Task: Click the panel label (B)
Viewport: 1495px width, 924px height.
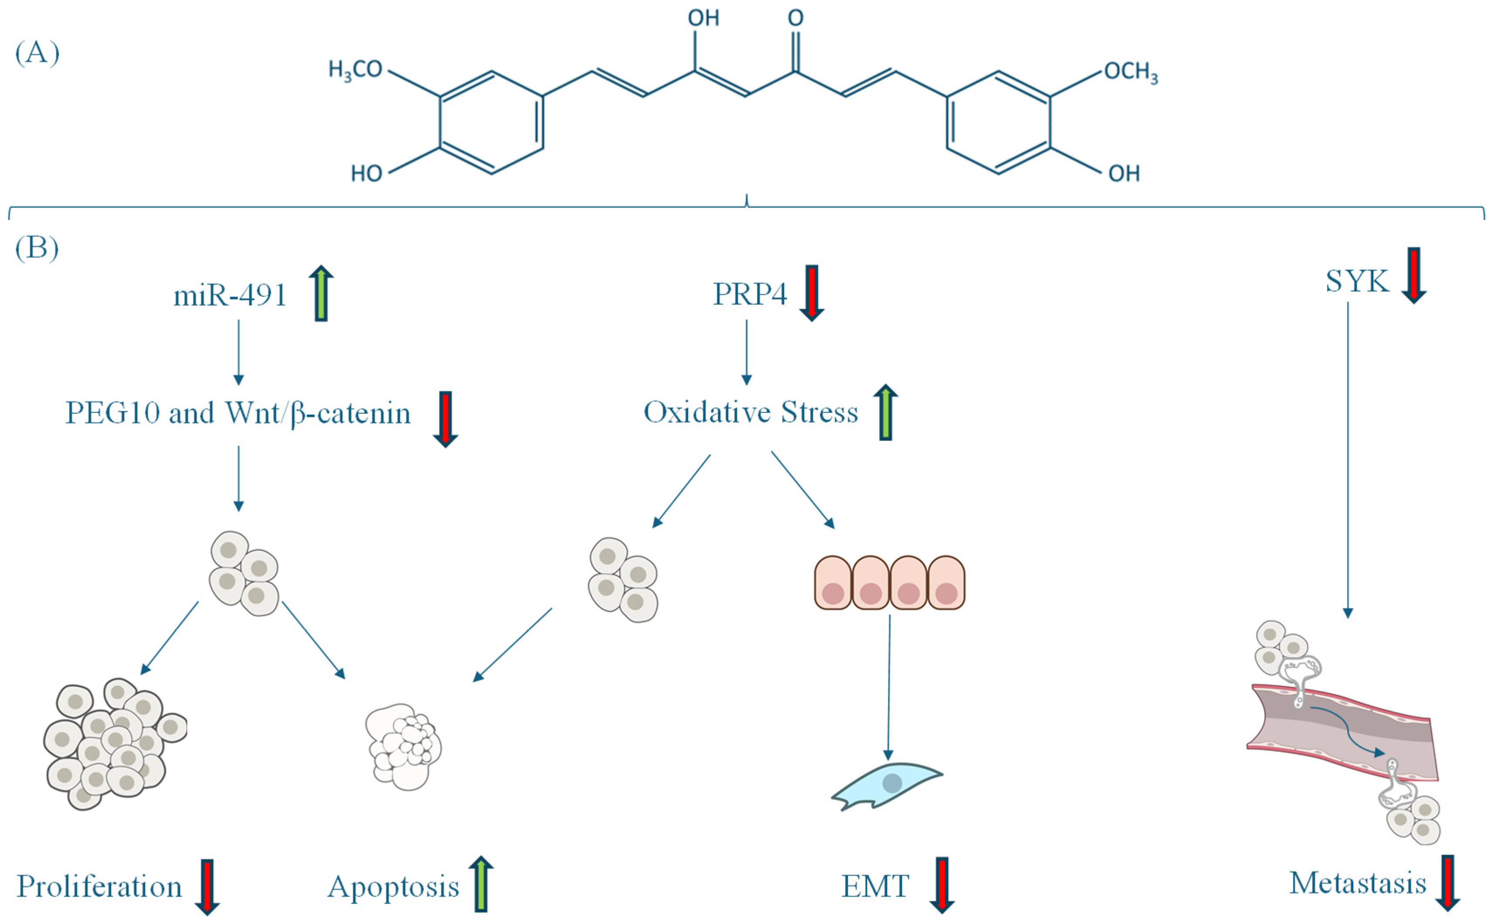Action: click(37, 247)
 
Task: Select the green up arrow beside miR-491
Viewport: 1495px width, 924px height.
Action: click(321, 293)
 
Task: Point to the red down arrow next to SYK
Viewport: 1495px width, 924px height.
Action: click(1414, 275)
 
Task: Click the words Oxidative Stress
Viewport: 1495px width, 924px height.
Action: click(750, 412)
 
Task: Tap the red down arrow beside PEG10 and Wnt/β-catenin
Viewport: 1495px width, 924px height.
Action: click(446, 419)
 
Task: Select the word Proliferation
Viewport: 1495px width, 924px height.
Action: click(99, 886)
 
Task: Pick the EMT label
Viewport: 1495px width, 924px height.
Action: click(875, 886)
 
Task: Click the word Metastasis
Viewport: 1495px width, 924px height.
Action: click(1358, 883)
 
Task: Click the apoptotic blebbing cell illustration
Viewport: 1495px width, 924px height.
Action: click(403, 747)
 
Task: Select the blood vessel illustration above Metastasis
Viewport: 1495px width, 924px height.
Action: click(1344, 733)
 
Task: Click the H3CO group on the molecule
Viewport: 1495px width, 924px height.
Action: click(355, 70)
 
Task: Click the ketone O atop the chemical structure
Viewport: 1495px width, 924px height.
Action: click(796, 18)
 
